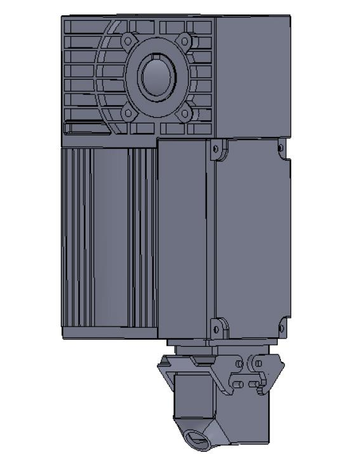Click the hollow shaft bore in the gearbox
pyautogui.click(x=156, y=77)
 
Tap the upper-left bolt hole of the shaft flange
pyautogui.click(x=128, y=41)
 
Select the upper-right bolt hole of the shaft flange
pyautogui.click(x=183, y=41)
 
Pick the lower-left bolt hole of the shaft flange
pyautogui.click(x=128, y=113)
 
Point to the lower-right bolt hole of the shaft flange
pyautogui.click(x=183, y=114)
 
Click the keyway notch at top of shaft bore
pyautogui.click(x=156, y=59)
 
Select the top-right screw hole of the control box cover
pyautogui.click(x=282, y=149)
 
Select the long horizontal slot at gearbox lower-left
pyautogui.click(x=89, y=129)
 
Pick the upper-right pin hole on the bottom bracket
pyautogui.click(x=258, y=363)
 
